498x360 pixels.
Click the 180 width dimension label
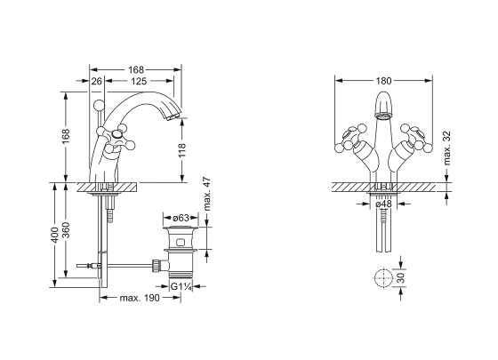(383, 81)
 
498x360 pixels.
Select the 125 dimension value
(139, 81)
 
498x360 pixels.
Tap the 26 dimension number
(97, 81)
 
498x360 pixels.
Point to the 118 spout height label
(181, 150)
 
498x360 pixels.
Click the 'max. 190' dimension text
(140, 298)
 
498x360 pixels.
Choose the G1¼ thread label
(181, 286)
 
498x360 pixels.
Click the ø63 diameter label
(181, 218)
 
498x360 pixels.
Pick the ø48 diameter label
(383, 204)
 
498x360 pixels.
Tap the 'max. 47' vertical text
(206, 194)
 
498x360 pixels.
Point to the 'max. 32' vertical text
(446, 148)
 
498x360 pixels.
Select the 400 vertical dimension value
(54, 235)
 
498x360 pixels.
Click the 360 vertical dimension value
(66, 230)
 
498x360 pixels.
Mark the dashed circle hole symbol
(383, 277)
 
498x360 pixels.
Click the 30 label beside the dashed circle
(401, 277)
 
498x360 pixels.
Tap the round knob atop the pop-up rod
(99, 105)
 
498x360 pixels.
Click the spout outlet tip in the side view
(173, 115)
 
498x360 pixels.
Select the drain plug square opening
(181, 243)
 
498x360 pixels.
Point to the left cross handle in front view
(351, 139)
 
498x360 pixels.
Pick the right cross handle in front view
(416, 139)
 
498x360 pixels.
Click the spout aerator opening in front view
(383, 116)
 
